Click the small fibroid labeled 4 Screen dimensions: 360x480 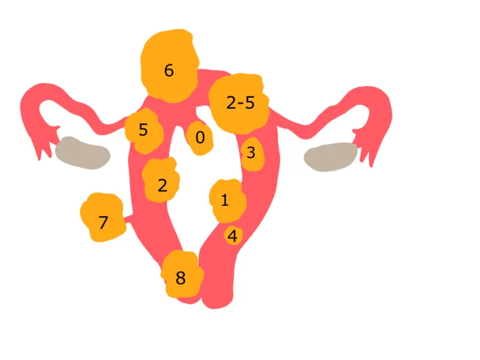pyautogui.click(x=232, y=236)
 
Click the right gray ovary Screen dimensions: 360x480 pyautogui.click(x=331, y=156)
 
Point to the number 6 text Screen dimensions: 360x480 pyautogui.click(x=169, y=71)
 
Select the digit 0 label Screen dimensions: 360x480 pyautogui.click(x=200, y=138)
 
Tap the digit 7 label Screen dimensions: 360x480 pyautogui.click(x=103, y=223)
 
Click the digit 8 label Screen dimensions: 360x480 pyautogui.click(x=180, y=278)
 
